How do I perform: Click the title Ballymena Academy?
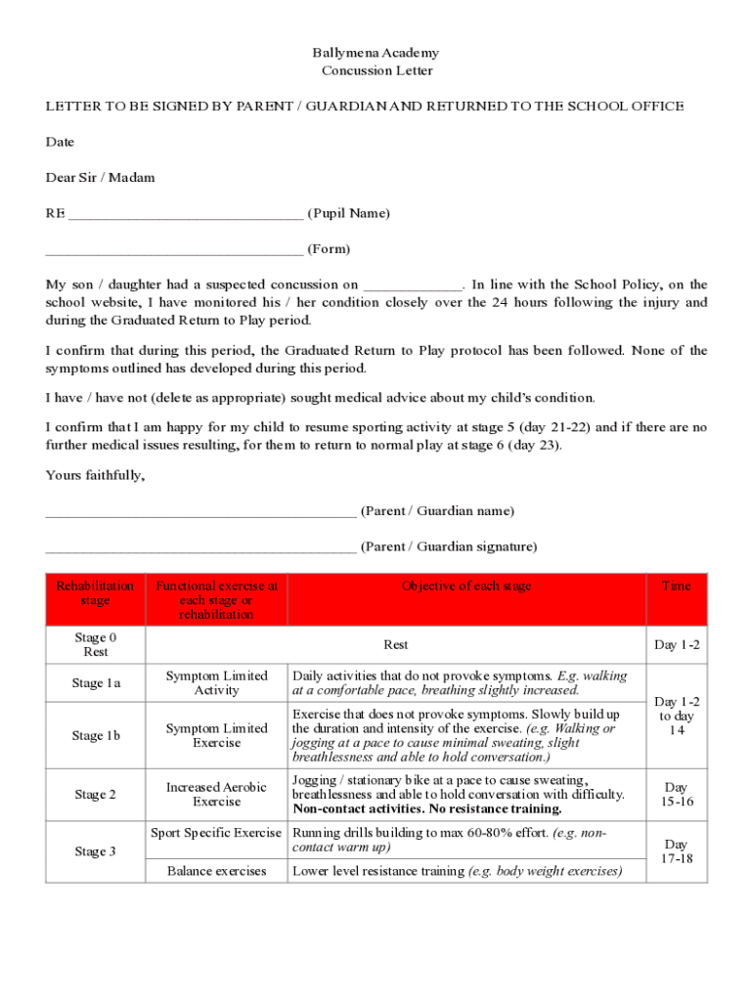tap(376, 53)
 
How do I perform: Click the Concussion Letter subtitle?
tap(376, 70)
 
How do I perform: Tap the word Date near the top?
tap(60, 142)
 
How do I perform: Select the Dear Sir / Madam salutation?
tap(100, 177)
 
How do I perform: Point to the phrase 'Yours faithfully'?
tap(95, 475)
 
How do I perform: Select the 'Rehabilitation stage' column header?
tap(95, 593)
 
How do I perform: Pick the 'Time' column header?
tap(676, 587)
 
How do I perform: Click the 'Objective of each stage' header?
tap(466, 587)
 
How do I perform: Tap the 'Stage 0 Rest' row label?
tap(96, 644)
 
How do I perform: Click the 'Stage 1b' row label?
tap(96, 736)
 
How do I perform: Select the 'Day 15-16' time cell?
tap(676, 795)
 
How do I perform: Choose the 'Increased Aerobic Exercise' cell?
tap(216, 795)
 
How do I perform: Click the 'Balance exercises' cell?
tap(216, 871)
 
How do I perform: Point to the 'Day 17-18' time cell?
tap(676, 851)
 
